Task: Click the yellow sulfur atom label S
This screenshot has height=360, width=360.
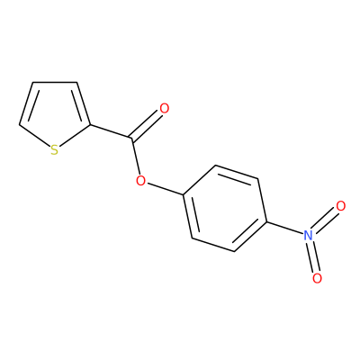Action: point(54,150)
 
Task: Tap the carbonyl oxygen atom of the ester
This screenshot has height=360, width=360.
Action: point(164,109)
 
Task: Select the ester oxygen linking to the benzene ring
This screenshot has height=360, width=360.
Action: point(140,181)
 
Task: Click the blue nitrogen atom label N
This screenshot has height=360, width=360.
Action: point(308,236)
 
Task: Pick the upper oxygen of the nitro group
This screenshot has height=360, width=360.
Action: point(341,206)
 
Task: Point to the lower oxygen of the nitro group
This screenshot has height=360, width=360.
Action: point(317,278)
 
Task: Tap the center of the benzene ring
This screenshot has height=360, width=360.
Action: point(225,208)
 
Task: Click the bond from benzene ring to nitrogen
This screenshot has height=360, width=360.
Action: point(285,229)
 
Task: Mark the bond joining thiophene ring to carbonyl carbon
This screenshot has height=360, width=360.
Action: point(111,131)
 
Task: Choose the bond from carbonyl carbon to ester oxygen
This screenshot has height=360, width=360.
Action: point(136,157)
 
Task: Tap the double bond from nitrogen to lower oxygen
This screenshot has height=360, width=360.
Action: point(313,256)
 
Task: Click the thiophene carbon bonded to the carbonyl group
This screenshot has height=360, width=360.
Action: point(90,124)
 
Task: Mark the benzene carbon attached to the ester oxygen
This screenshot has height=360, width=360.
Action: point(184,194)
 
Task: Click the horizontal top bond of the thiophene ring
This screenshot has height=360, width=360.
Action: point(55,82)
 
